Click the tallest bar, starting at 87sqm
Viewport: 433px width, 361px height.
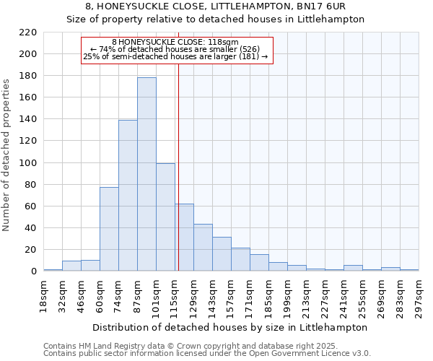pos(146,174)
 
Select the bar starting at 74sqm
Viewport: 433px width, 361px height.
pos(128,195)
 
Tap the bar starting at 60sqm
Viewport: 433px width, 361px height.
pos(109,229)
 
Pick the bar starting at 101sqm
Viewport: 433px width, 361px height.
pos(165,217)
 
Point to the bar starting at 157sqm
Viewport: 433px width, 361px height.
pos(240,259)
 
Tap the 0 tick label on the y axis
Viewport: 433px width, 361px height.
pos(33,271)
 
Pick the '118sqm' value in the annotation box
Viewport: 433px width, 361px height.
pos(223,43)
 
